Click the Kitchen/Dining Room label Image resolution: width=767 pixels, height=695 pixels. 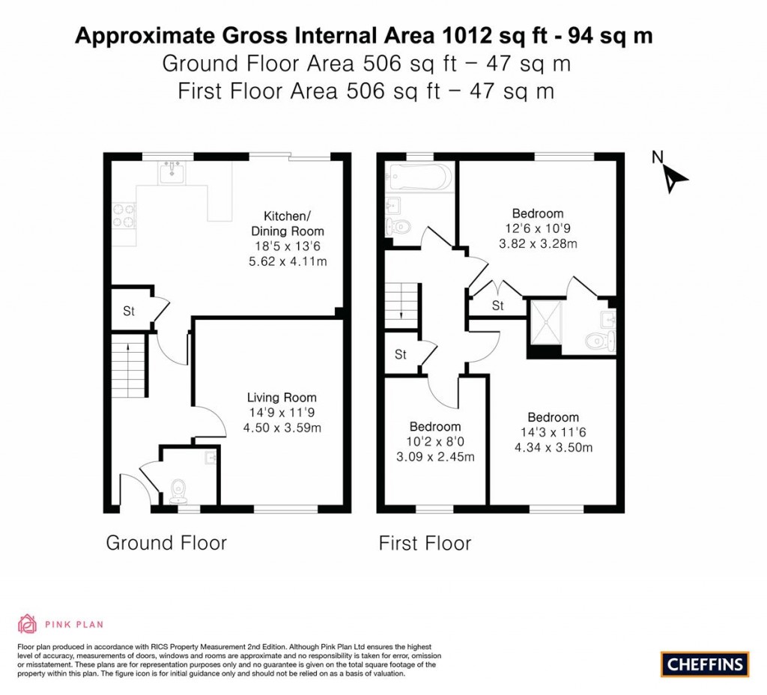coord(288,222)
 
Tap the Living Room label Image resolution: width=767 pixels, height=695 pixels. coord(282,398)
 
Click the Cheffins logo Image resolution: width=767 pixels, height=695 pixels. coord(704,664)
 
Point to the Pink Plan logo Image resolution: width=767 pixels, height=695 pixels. coord(60,624)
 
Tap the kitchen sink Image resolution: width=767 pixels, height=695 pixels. coord(172,173)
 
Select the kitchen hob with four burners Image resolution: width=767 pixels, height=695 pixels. coord(124,216)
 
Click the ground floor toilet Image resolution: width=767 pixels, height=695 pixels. coord(178,491)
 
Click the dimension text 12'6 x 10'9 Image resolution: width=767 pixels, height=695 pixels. coord(538,228)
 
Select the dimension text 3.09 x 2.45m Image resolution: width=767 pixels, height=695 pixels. coord(434,457)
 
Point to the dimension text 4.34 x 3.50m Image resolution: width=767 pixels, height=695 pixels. coord(553,448)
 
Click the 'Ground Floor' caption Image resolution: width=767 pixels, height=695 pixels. coord(166,543)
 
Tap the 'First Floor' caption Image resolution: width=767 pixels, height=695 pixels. coord(425,543)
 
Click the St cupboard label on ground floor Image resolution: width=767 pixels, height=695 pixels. coord(128,312)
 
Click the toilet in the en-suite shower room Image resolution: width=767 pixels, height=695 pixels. coord(596,342)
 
